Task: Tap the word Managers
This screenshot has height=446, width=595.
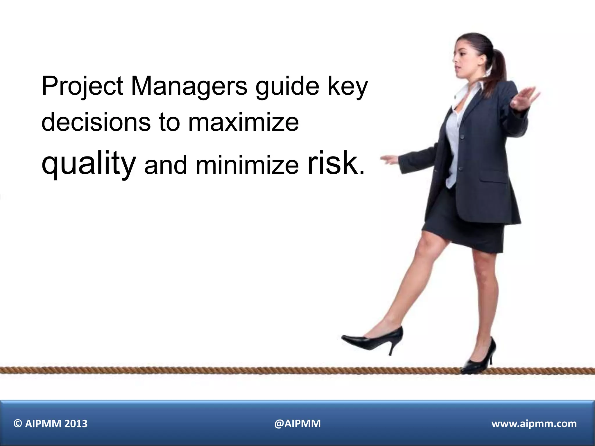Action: click(x=189, y=86)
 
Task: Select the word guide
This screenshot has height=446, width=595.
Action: click(x=287, y=86)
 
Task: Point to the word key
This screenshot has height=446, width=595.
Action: click(x=348, y=86)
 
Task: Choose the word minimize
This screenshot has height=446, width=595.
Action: click(x=247, y=166)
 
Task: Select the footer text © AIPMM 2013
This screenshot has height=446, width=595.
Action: click(x=51, y=424)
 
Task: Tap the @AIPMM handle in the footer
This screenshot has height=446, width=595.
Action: click(x=297, y=424)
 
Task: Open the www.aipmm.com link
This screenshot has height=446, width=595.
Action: click(x=534, y=424)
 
